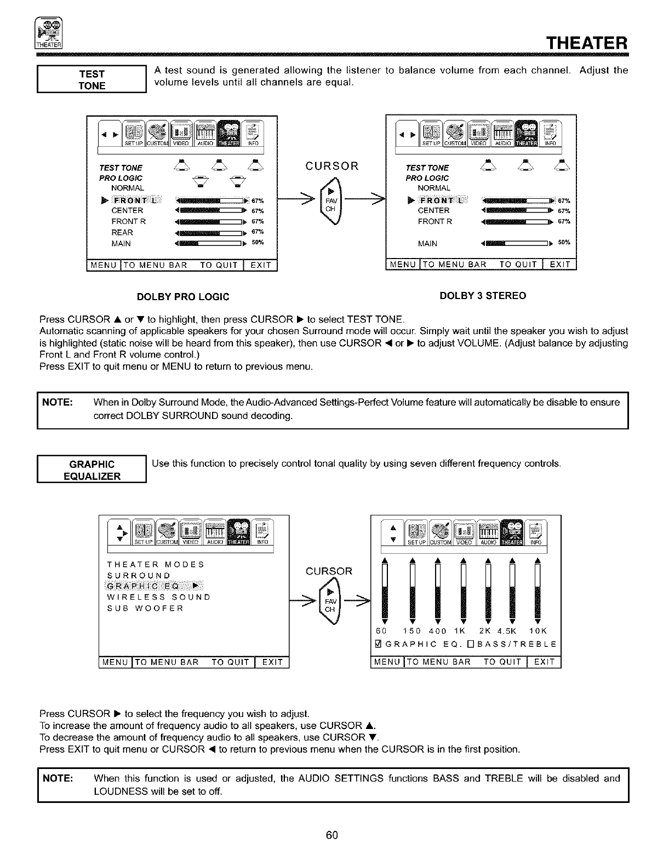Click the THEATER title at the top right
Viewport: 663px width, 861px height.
[x=588, y=42]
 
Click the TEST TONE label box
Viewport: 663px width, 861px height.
[x=92, y=79]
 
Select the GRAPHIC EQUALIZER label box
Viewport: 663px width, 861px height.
[x=92, y=470]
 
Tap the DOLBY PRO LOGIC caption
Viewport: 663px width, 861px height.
[x=183, y=297]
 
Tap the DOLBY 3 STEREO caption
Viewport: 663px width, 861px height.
[x=483, y=296]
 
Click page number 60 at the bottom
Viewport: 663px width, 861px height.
[x=331, y=835]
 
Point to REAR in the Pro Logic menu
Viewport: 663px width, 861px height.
[x=122, y=232]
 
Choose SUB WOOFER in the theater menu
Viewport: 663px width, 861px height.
[x=145, y=608]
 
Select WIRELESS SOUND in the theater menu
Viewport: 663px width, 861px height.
[x=158, y=597]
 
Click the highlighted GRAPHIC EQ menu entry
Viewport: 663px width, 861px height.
[x=153, y=586]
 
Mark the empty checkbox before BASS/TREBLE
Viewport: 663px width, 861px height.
[x=462, y=644]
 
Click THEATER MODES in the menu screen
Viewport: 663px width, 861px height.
[x=156, y=564]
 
